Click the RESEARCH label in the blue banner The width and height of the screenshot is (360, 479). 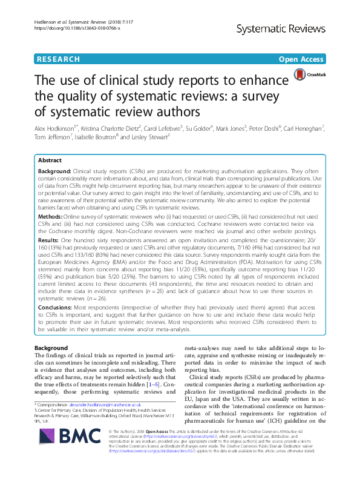(58, 59)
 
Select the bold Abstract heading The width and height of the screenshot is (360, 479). (50, 161)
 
